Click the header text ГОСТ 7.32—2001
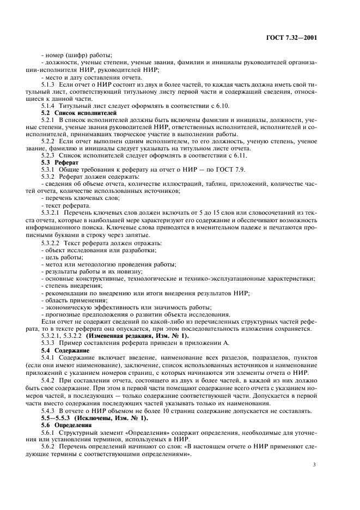coord(292,38)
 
